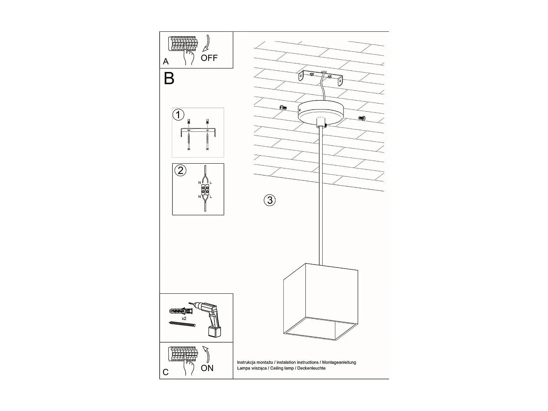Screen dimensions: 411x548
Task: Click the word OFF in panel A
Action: coord(209,58)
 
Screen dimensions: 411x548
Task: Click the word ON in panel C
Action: coord(207,368)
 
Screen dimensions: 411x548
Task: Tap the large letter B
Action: coord(169,79)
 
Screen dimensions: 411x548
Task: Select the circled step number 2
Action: coord(180,170)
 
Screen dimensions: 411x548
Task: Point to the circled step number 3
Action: coord(270,200)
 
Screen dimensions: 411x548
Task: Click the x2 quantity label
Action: coord(184,319)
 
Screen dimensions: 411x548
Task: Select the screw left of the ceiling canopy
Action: coord(283,107)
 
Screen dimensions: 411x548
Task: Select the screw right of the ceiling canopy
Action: coord(362,118)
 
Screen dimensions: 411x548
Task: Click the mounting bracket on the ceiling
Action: coord(320,78)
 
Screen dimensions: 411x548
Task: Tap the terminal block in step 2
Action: coord(205,189)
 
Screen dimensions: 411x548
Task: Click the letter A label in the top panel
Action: coord(166,62)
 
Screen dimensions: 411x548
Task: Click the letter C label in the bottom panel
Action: coord(166,372)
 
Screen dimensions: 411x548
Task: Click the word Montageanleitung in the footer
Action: coord(339,362)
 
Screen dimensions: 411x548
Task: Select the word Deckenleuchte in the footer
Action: coord(311,368)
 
